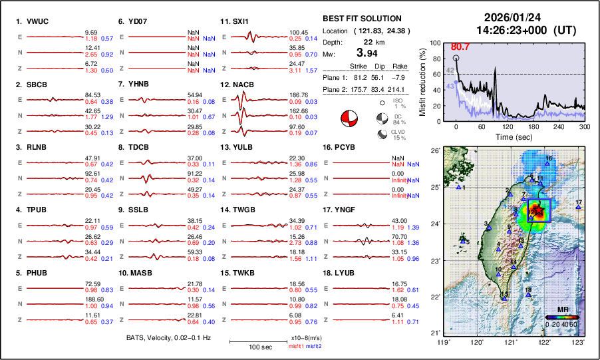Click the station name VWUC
coord(37,21)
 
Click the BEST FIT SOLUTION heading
coord(362,19)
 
